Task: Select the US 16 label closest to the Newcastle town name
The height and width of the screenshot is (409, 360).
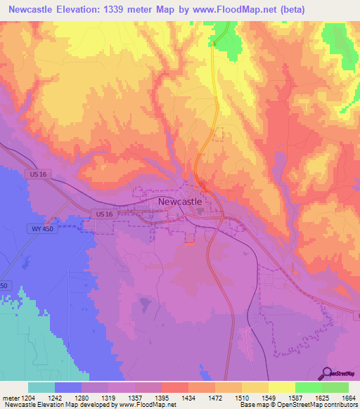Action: [x=104, y=213]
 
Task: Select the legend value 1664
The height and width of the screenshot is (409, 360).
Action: [x=348, y=398]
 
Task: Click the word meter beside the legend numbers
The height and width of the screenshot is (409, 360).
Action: [x=9, y=398]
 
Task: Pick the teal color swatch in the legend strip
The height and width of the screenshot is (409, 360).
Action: [x=41, y=387]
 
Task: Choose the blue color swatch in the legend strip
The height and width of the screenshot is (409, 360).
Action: [x=67, y=387]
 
